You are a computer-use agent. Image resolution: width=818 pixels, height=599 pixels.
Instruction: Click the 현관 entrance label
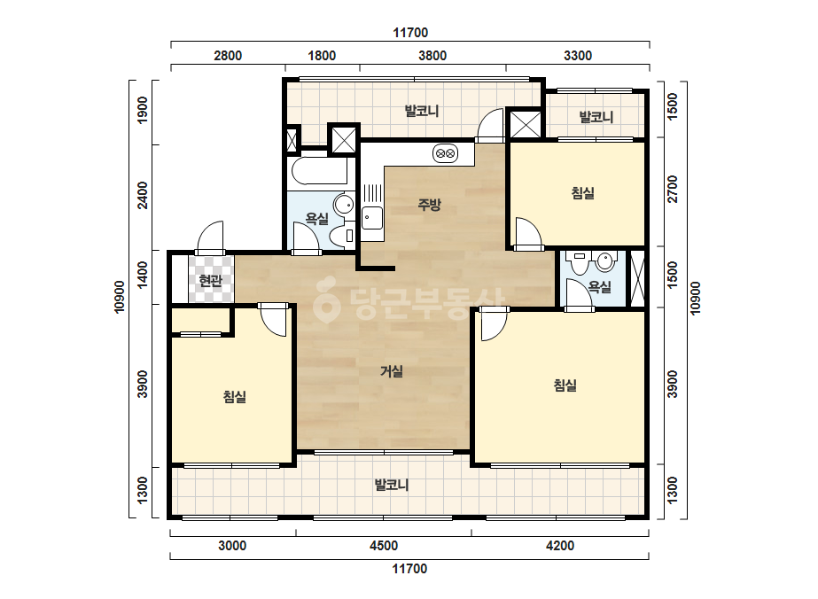[211, 281]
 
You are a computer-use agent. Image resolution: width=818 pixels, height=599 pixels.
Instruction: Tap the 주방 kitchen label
[429, 205]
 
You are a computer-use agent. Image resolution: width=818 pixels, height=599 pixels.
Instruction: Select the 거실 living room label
[391, 371]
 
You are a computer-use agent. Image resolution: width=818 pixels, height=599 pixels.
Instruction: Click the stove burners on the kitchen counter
[445, 153]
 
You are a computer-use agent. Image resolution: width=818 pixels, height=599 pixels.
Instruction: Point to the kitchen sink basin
[372, 218]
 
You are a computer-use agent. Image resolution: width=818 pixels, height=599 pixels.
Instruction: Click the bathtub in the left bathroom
[319, 171]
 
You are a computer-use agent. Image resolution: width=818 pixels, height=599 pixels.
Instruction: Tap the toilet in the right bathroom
[579, 263]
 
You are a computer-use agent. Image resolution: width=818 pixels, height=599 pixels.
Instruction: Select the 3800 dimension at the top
[432, 56]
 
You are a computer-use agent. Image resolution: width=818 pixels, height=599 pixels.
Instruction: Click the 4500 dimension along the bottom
[384, 546]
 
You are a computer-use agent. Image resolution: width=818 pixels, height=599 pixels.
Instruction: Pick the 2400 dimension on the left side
[143, 195]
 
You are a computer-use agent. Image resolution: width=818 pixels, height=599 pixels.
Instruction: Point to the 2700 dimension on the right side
[673, 190]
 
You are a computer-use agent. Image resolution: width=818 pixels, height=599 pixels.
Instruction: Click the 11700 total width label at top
[410, 33]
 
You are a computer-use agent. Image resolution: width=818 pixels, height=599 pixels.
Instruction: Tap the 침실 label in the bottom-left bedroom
[234, 397]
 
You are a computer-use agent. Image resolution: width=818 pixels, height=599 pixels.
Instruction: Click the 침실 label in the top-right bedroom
[583, 193]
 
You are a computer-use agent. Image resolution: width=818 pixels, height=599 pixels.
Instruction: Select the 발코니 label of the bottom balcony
[391, 486]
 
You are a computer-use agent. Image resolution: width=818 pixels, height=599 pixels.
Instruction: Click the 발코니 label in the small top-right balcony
[596, 117]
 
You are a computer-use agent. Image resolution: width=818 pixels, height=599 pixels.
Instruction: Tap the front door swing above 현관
[211, 237]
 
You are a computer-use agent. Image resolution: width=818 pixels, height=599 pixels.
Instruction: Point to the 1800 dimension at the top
[322, 56]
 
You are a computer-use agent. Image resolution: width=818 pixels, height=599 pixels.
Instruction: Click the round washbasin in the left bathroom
[343, 204]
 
